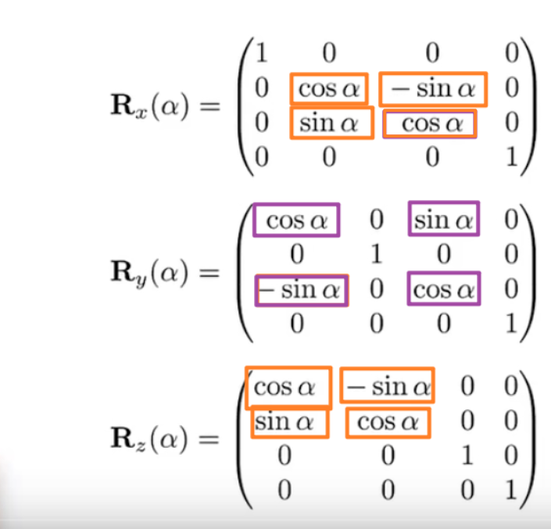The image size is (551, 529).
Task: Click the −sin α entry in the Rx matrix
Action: pyautogui.click(x=433, y=89)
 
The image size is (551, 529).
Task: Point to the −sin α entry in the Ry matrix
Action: pyautogui.click(x=300, y=291)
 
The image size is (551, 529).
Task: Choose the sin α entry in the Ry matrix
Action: pyautogui.click(x=444, y=220)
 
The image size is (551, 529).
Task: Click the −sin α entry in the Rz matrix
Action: pyautogui.click(x=388, y=385)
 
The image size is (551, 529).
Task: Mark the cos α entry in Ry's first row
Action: pyautogui.click(x=297, y=220)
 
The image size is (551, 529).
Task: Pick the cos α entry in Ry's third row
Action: pyautogui.click(x=444, y=291)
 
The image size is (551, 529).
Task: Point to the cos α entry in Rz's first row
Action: pyautogui.click(x=288, y=386)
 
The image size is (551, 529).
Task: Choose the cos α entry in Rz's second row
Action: pyautogui.click(x=388, y=422)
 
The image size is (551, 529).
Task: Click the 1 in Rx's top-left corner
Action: pyautogui.click(x=261, y=54)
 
